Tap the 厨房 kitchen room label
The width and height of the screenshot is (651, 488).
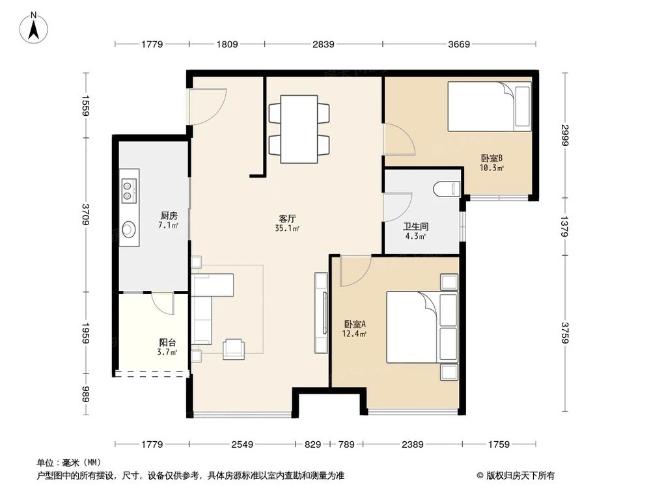click(169, 216)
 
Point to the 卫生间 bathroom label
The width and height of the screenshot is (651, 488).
click(415, 226)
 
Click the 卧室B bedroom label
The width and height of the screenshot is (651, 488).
click(492, 158)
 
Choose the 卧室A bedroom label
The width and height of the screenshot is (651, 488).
click(355, 323)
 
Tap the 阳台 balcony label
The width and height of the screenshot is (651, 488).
click(168, 342)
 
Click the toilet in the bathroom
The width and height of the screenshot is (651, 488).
click(447, 189)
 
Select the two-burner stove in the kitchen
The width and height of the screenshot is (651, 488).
click(129, 190)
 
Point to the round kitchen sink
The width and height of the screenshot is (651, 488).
click(129, 228)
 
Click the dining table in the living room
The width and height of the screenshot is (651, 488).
click(299, 129)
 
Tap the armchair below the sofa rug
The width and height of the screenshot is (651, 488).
click(234, 349)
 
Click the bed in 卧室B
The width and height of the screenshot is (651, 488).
click(490, 106)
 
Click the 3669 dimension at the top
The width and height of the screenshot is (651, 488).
click(459, 44)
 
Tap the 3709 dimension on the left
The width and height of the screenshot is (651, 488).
click(86, 215)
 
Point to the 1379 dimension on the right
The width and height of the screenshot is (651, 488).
click(564, 226)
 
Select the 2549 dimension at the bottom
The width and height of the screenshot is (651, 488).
click(242, 444)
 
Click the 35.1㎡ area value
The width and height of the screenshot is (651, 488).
click(287, 228)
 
